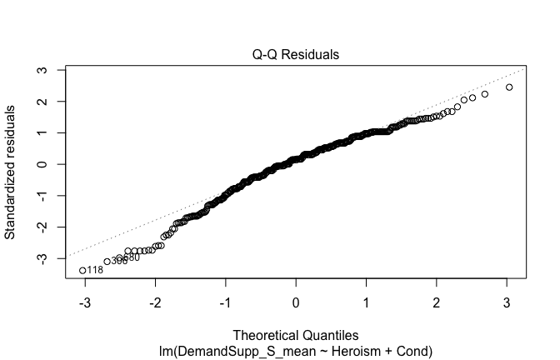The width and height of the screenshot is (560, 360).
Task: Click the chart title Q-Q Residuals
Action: pyautogui.click(x=296, y=55)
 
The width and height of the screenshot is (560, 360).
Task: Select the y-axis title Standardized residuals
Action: pyautogui.click(x=12, y=172)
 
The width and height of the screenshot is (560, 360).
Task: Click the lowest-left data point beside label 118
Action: pyautogui.click(x=82, y=270)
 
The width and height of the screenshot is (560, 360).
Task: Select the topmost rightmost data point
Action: pyautogui.click(x=509, y=87)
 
